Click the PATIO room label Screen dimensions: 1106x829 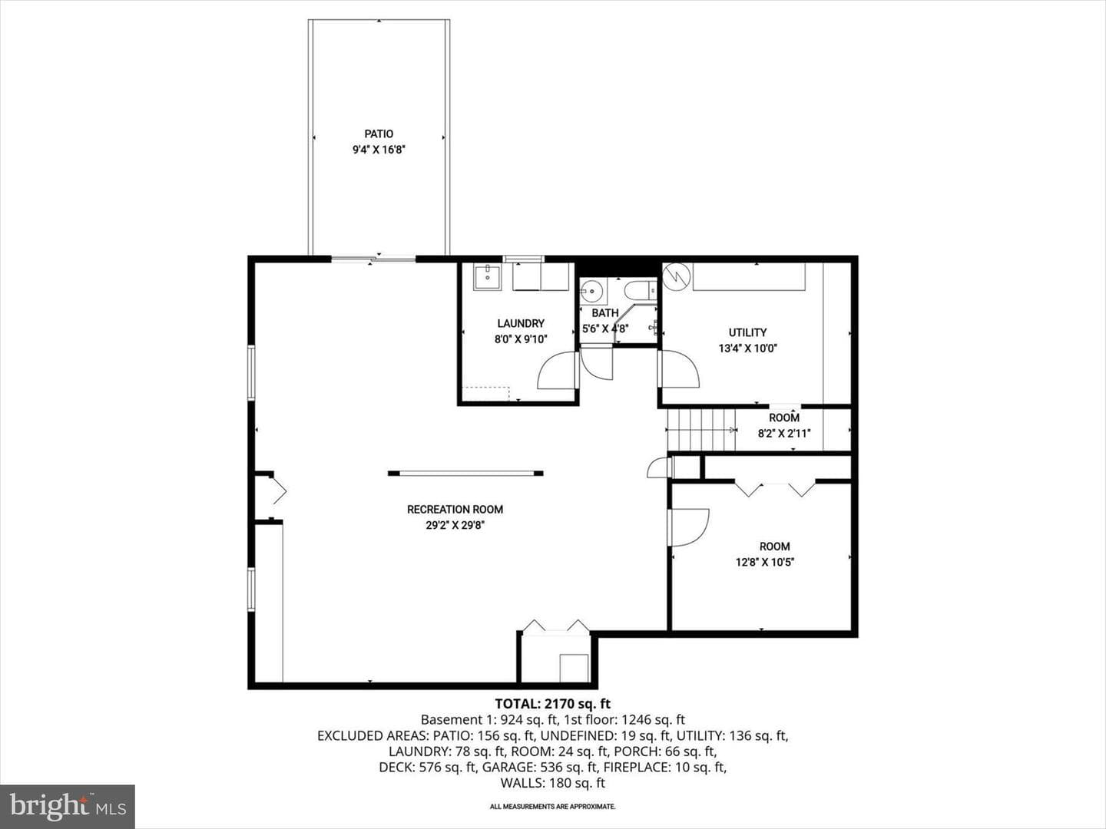[379, 134]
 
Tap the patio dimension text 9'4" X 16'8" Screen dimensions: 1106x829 [379, 150]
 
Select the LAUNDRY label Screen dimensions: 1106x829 [521, 324]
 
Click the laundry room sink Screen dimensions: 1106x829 [487, 277]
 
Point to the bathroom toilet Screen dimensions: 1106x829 [641, 290]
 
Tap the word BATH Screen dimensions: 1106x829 [605, 313]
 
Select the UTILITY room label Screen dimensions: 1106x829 [748, 332]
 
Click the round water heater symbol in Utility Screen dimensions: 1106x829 [674, 277]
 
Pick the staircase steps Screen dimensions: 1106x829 [702, 430]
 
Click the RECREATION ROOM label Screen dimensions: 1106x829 [455, 510]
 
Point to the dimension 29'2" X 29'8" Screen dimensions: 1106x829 [455, 526]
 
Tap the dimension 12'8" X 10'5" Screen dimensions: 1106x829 [765, 562]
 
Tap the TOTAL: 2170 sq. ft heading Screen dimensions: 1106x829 [553, 703]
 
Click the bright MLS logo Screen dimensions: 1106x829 [68, 806]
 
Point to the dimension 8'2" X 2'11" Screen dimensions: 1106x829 [784, 434]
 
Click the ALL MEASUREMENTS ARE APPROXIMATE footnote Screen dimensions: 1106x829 [553, 806]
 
